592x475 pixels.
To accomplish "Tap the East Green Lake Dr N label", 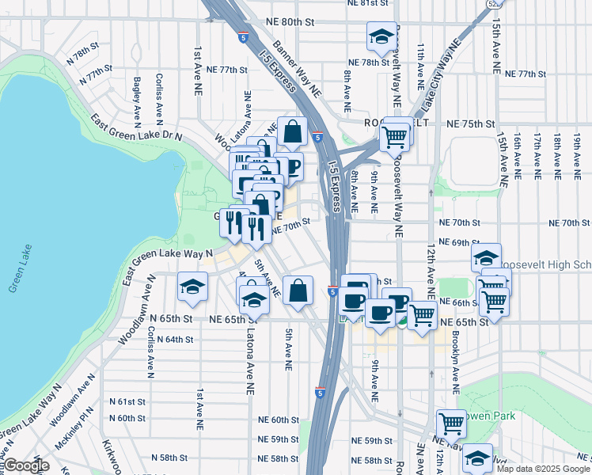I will (x=136, y=127).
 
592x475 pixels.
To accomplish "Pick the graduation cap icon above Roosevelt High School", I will (x=486, y=257).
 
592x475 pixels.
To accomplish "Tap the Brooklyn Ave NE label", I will (x=456, y=361).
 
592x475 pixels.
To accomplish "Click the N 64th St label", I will (x=175, y=339).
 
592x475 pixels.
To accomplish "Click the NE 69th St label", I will (x=458, y=242).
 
